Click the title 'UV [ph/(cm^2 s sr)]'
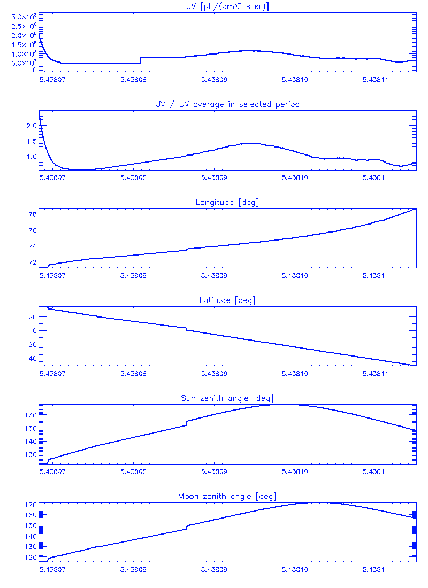227,6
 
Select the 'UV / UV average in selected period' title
227,104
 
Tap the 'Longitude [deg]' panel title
227,202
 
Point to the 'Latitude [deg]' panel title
227,300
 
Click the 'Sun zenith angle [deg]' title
227,398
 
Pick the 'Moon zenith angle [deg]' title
227,497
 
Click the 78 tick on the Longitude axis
33,215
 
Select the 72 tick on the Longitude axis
33,262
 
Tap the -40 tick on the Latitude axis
30,358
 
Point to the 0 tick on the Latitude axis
34,330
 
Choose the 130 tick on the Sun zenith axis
30,454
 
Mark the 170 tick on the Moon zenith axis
30,505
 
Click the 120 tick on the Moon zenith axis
30,557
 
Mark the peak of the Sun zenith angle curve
281,404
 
